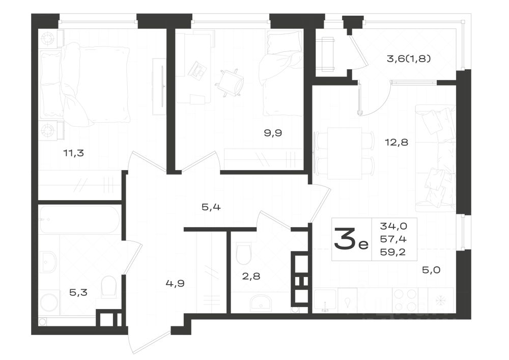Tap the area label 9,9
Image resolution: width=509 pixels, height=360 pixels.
pos(273,133)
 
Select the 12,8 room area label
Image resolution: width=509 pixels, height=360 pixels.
pos(397,142)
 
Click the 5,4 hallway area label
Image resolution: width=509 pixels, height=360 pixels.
pos(210,207)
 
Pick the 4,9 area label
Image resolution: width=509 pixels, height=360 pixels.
pos(175,284)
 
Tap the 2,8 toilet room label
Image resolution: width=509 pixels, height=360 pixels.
pos(251,276)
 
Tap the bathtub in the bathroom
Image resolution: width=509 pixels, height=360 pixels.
pos(80,219)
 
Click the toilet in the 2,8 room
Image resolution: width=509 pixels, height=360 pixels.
pos(244,254)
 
